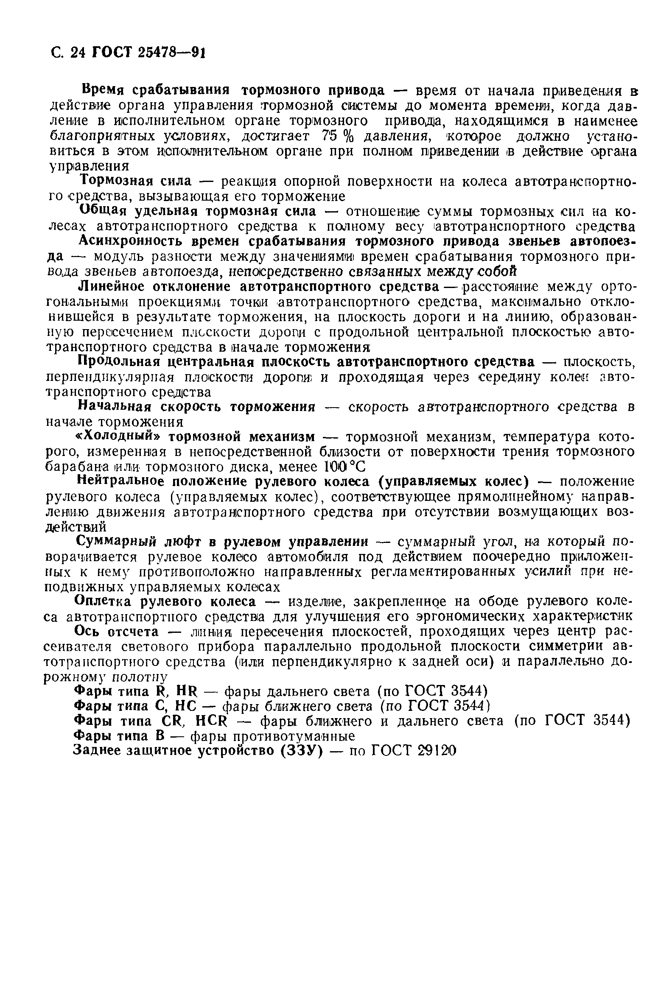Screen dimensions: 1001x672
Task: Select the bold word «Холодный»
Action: click(115, 436)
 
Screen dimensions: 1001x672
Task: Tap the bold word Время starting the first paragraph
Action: click(103, 90)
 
